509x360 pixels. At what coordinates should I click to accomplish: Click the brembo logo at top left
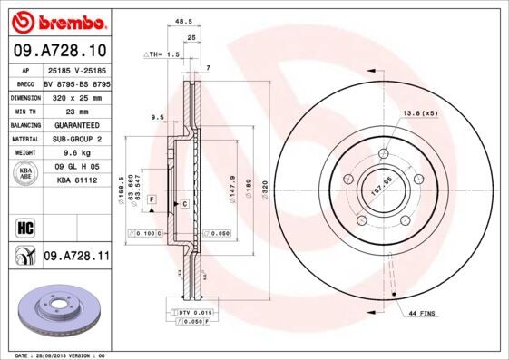click(59, 21)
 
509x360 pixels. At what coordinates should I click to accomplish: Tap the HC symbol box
click(24, 226)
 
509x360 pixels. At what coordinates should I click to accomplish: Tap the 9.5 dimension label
click(156, 117)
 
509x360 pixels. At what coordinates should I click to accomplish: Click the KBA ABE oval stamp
click(26, 172)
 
